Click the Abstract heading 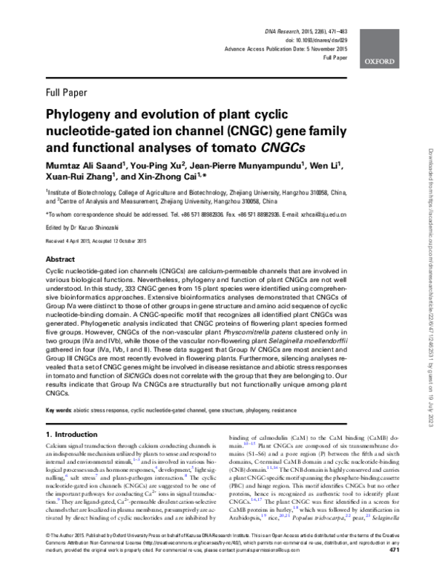(61, 260)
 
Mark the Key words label (59, 410)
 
